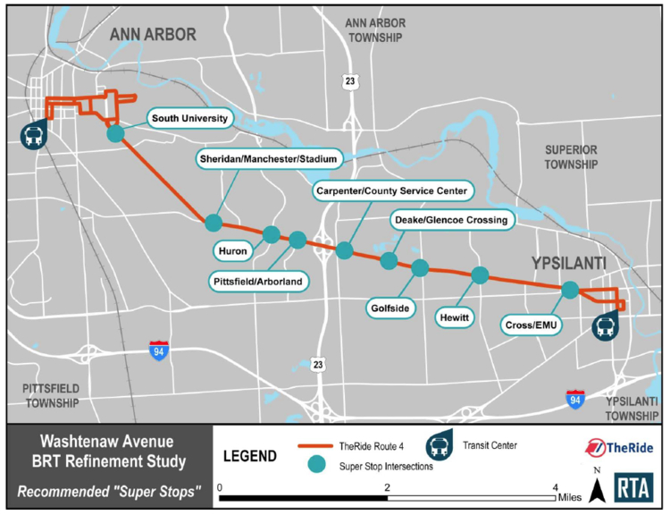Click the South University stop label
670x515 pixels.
pos(190,118)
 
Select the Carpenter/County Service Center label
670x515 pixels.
pos(391,191)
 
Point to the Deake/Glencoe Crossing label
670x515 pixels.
pos(450,220)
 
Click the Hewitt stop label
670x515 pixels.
pos(456,317)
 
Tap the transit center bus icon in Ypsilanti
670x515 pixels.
pos(605,326)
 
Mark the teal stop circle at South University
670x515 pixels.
pos(115,133)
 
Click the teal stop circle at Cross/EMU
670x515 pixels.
pos(570,290)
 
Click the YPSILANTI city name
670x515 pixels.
pos(557,263)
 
